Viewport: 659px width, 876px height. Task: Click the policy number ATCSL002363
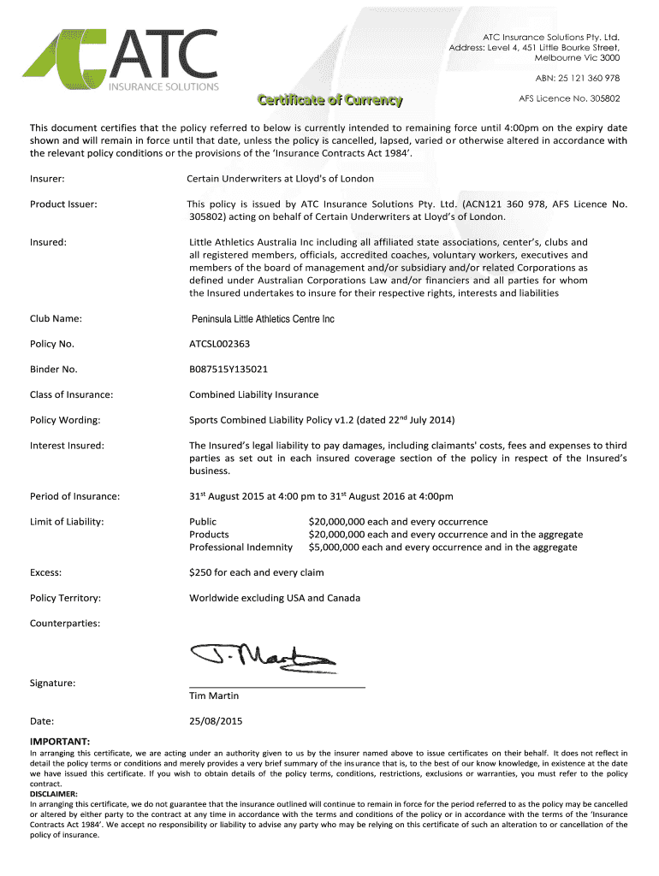[221, 344]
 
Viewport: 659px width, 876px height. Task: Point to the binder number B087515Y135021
[229, 370]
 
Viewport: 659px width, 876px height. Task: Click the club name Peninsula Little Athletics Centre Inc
[262, 319]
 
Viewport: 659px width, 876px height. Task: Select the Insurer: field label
[48, 179]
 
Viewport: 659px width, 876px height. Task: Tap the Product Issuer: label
[63, 204]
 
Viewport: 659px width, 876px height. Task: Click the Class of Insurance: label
[72, 394]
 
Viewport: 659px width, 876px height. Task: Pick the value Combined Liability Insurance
[253, 394]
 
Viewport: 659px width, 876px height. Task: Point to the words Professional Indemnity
[240, 547]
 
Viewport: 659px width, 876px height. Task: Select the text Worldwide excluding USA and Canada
[275, 598]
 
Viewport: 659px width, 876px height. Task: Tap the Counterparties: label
[65, 623]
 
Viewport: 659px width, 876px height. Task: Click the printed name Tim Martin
[214, 695]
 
